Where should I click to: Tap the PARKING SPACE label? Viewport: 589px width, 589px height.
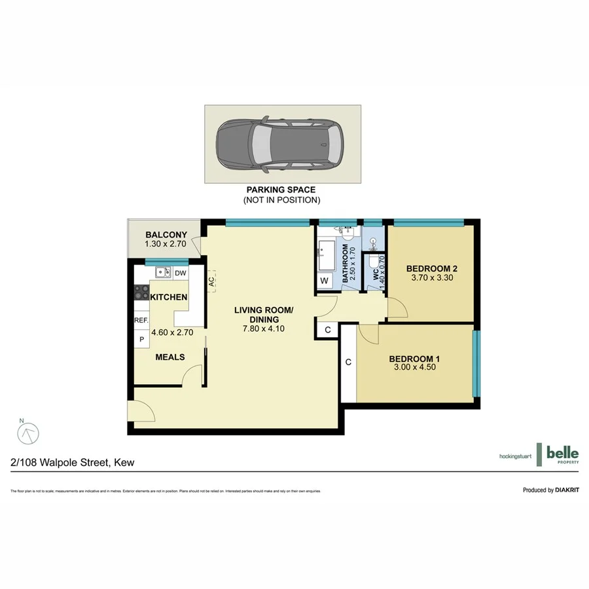281,190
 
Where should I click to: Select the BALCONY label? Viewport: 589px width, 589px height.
166,235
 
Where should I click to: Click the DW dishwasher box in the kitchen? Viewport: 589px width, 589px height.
181,273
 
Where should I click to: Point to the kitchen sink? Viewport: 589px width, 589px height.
163,272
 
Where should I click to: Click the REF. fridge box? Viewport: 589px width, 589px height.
141,321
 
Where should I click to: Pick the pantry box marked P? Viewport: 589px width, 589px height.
141,340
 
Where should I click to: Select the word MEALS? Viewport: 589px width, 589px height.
170,357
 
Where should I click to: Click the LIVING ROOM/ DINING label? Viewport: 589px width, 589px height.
264,315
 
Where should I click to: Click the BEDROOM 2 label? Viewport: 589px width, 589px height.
431,268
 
